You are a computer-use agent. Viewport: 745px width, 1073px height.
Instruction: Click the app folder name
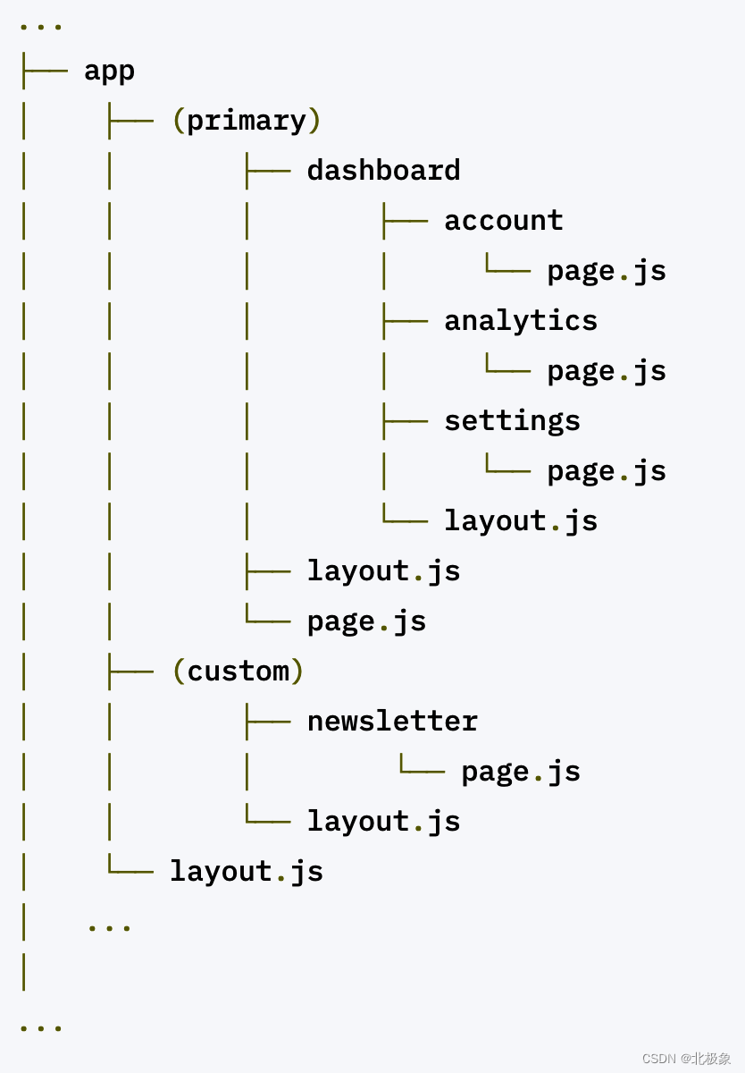coord(109,72)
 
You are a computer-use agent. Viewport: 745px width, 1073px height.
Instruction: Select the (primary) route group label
coord(246,121)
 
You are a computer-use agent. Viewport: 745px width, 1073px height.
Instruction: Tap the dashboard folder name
coord(383,171)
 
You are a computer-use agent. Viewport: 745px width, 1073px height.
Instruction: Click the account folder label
coord(504,221)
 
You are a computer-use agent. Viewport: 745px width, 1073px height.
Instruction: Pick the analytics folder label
coord(521,321)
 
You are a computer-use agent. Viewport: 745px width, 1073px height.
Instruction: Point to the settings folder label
coord(512,421)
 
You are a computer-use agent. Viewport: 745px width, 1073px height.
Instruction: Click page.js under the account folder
coord(607,271)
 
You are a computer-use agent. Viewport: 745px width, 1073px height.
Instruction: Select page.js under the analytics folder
coord(607,371)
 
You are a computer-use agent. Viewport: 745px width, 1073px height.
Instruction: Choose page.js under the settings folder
coord(607,471)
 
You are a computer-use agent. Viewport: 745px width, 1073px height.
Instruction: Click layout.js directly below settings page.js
coord(521,521)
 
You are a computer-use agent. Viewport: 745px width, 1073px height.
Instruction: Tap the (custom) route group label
coord(238,672)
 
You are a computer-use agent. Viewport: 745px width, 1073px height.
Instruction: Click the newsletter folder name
coord(392,722)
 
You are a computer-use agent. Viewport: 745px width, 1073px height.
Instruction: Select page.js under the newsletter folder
coord(521,772)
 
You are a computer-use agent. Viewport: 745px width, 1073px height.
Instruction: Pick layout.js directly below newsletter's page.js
coord(383,822)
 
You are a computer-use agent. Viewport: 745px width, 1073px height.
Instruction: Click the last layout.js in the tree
coord(247,872)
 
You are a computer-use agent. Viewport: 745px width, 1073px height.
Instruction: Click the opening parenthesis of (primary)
coord(178,121)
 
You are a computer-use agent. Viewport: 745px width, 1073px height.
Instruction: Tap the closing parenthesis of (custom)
coord(297,672)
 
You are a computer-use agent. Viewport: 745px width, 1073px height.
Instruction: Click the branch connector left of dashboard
coord(267,170)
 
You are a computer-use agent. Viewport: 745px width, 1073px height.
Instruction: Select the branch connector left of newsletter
coord(267,721)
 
